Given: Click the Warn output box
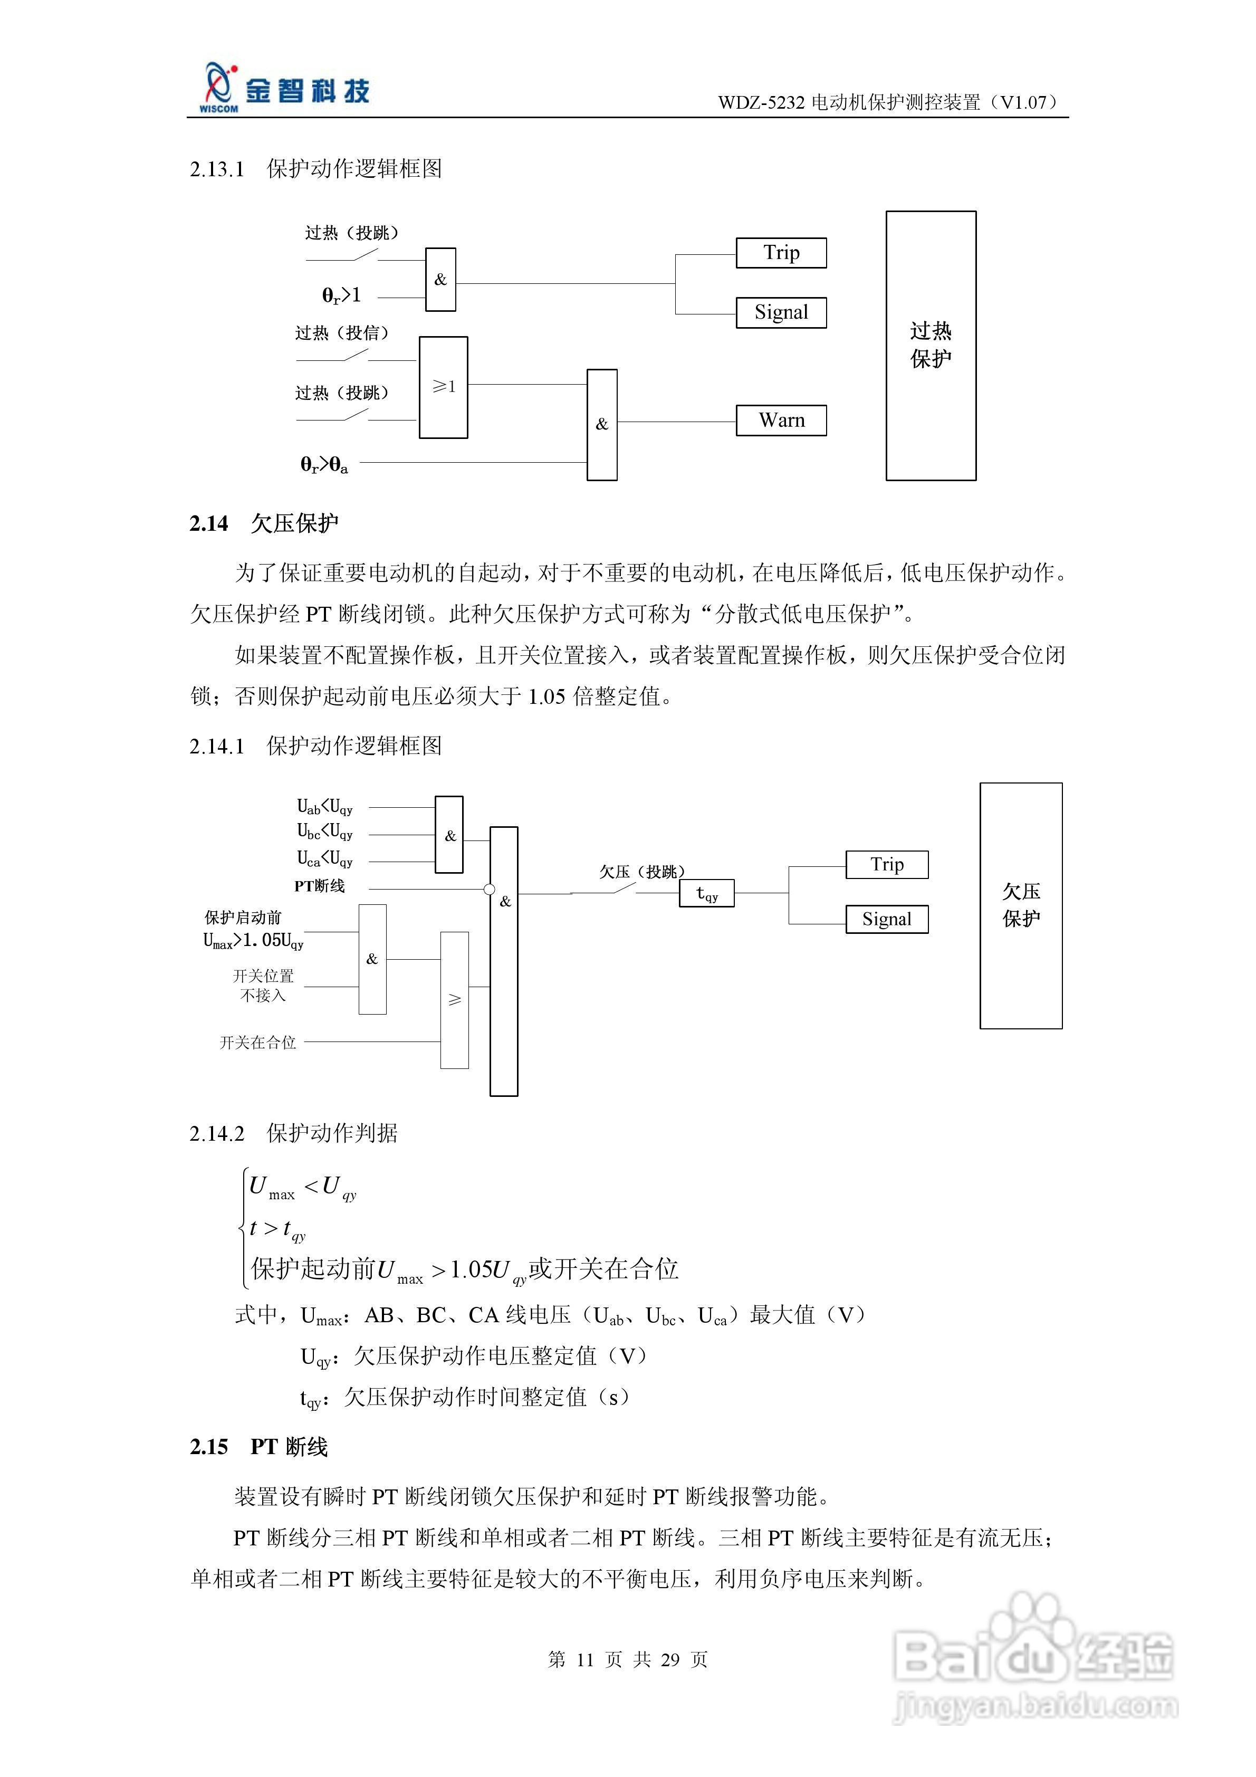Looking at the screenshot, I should [x=781, y=421].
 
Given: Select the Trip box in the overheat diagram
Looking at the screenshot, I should [x=781, y=253].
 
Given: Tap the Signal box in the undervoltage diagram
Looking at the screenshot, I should [x=886, y=920].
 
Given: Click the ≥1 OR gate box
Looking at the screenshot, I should [x=444, y=387].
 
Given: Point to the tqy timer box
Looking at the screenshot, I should [x=706, y=893].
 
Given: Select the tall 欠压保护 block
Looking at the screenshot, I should [x=1021, y=905].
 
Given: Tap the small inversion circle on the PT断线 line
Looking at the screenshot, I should [x=489, y=889].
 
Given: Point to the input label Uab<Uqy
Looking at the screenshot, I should [x=325, y=807].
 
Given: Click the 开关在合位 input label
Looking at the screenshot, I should [x=258, y=1043].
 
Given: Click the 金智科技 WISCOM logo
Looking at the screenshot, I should [x=285, y=89].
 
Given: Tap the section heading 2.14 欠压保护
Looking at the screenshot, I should [x=264, y=524].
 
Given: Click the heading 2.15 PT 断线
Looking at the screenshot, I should [x=258, y=1447].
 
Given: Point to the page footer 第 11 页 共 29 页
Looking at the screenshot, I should [x=628, y=1659].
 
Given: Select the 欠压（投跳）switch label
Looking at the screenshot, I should [x=641, y=872].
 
